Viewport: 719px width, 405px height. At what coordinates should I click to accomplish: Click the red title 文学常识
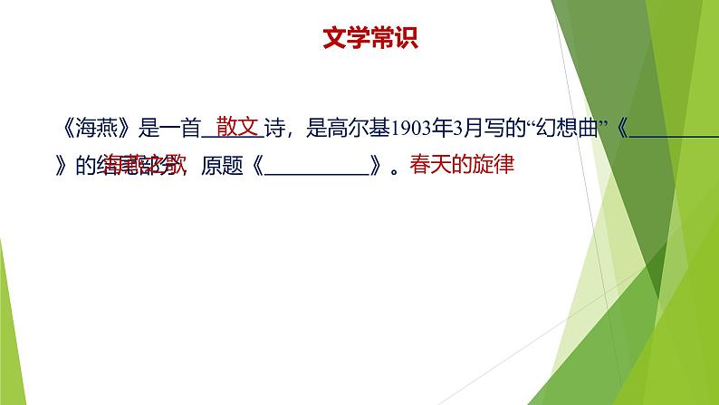(x=370, y=40)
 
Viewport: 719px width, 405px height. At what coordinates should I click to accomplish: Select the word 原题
(x=221, y=168)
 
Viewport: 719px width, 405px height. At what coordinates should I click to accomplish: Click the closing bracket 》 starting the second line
(x=61, y=168)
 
